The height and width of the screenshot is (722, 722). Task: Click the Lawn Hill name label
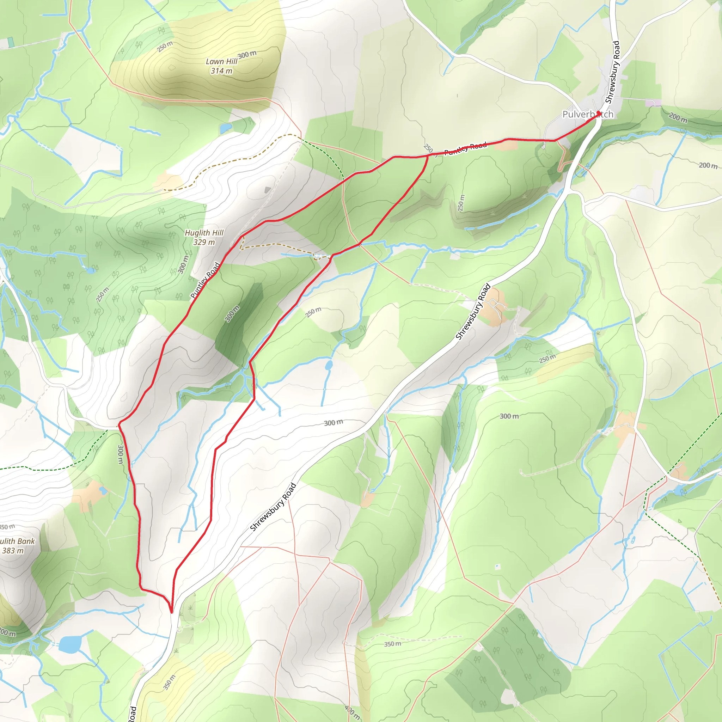click(222, 61)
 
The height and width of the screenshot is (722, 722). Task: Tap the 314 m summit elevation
click(221, 71)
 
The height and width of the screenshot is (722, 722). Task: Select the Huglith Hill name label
click(204, 233)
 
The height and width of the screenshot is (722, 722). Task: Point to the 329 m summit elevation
click(204, 242)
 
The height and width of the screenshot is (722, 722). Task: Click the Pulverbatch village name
click(588, 114)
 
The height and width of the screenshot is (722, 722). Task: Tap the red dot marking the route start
click(599, 112)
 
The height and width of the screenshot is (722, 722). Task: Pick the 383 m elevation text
click(13, 550)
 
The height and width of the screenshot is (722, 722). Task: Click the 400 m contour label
click(352, 712)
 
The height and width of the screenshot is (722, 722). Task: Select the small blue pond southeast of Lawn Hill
click(226, 129)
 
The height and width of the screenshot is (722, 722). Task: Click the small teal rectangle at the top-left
click(11, 42)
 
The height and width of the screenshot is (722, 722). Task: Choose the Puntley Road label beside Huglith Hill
click(205, 280)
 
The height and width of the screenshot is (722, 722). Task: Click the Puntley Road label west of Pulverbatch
click(466, 148)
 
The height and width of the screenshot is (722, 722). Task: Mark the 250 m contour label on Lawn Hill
click(165, 46)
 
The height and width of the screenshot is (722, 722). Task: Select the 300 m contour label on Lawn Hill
click(247, 55)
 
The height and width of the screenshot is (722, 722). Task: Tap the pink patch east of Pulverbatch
click(653, 102)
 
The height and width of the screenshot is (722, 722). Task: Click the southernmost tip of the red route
click(172, 612)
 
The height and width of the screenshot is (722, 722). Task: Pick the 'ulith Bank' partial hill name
click(17, 541)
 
